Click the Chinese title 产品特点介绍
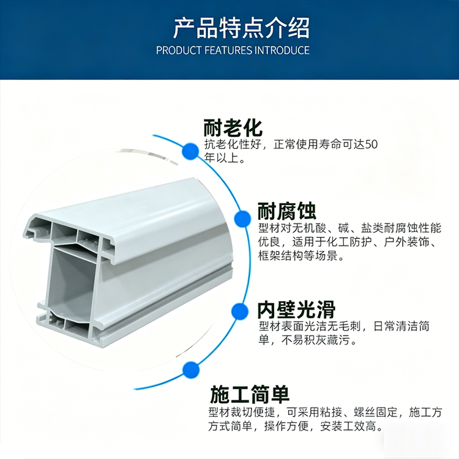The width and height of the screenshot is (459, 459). pyautogui.click(x=241, y=28)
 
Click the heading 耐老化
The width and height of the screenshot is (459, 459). pyautogui.click(x=233, y=127)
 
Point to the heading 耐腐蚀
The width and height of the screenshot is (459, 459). pyautogui.click(x=287, y=211)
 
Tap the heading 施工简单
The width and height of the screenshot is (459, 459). pyautogui.click(x=250, y=394)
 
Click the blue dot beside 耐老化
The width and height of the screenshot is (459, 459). pyautogui.click(x=190, y=151)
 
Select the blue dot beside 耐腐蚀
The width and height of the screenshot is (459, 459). pyautogui.click(x=243, y=218)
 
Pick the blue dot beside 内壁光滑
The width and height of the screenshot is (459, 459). pyautogui.click(x=239, y=311)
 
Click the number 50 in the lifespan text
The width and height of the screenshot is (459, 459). pyautogui.click(x=371, y=144)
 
